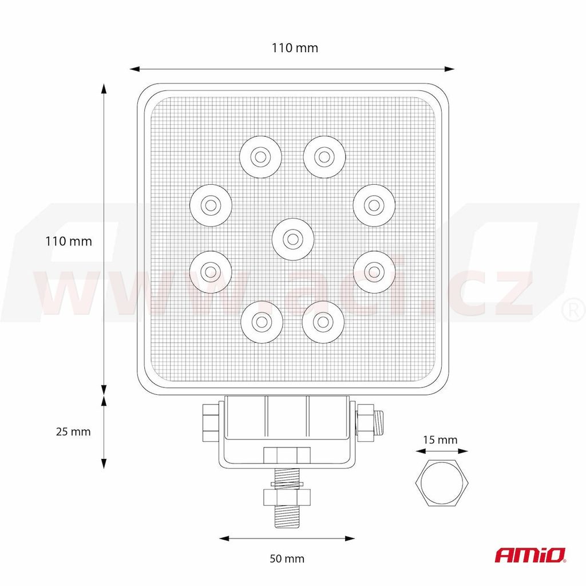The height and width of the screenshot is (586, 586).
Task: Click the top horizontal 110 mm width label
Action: point(295,48)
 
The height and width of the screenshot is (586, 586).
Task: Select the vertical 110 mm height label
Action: point(69,241)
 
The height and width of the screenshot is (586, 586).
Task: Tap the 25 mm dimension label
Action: point(73,431)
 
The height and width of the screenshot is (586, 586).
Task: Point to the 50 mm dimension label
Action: point(287,559)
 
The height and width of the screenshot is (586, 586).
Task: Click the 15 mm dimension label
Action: point(440,440)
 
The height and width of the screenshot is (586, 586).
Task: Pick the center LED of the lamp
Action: point(293,239)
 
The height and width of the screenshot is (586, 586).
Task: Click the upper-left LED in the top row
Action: point(261,157)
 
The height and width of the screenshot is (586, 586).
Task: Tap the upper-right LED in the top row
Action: point(324,157)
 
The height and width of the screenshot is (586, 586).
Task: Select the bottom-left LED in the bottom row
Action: point(262,322)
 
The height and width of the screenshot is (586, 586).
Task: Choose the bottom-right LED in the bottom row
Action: point(323,322)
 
